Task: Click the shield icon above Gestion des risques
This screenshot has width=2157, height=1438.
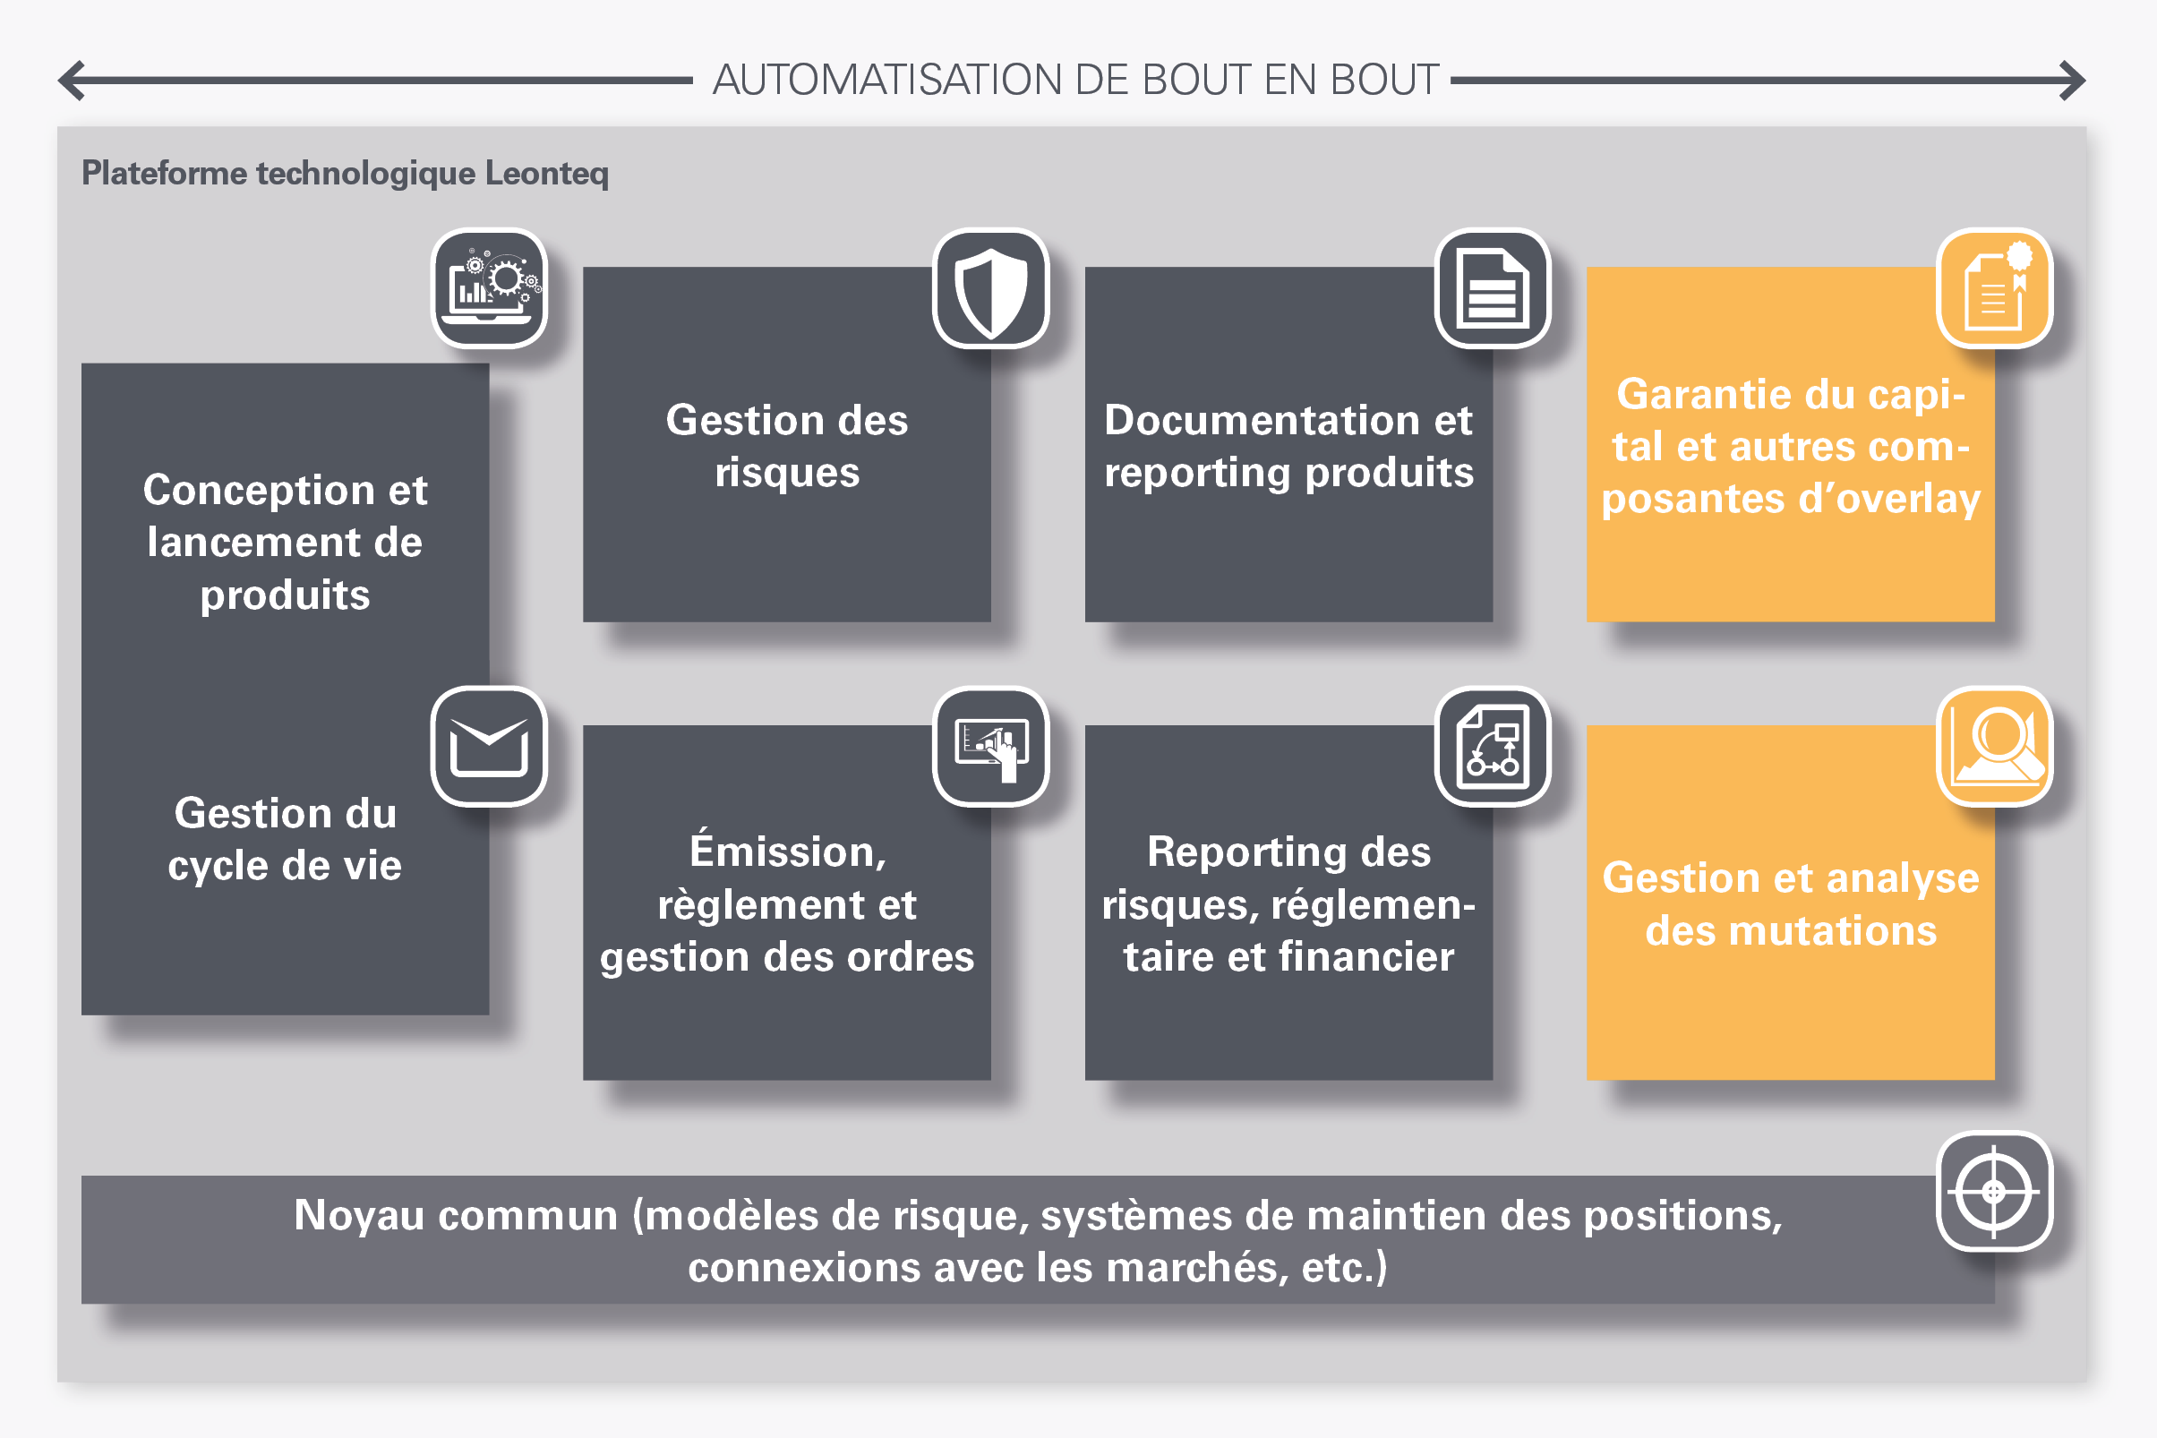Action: pos(990,288)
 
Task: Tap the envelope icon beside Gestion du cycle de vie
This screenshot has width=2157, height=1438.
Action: pos(489,747)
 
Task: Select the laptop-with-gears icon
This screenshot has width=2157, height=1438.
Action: pos(489,288)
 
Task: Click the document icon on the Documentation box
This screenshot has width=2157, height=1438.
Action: pos(1492,288)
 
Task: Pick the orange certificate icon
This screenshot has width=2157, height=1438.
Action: pos(1994,288)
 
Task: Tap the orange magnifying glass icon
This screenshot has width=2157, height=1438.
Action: pos(1994,747)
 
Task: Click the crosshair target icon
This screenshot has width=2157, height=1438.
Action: pos(1994,1191)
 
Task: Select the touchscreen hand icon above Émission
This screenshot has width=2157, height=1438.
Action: pos(990,747)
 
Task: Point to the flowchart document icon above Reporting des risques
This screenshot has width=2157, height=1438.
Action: pos(1492,747)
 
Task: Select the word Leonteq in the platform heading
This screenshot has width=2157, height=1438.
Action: pos(546,174)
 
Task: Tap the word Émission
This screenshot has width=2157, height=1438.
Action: pos(788,851)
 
